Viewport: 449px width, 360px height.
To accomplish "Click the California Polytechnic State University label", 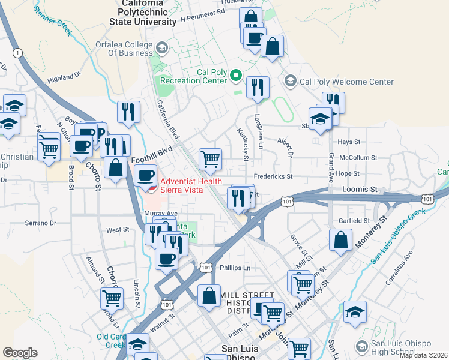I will pos(143,12).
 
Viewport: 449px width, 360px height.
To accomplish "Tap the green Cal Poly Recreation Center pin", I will pos(236,76).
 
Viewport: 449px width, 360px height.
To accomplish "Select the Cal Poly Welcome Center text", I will pos(346,82).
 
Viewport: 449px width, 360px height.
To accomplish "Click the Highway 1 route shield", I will pos(19,53).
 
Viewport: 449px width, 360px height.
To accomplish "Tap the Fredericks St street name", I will pos(272,177).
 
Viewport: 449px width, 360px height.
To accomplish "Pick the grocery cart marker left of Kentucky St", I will pos(210,159).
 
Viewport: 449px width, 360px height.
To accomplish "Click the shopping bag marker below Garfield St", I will pos(340,239).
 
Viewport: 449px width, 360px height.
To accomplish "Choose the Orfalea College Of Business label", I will pos(124,48).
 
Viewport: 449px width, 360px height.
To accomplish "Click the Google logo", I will pos(20,352).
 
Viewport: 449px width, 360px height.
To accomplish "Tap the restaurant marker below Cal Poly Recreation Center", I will pos(258,87).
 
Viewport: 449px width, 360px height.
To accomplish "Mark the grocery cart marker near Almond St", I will pos(112,297).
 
